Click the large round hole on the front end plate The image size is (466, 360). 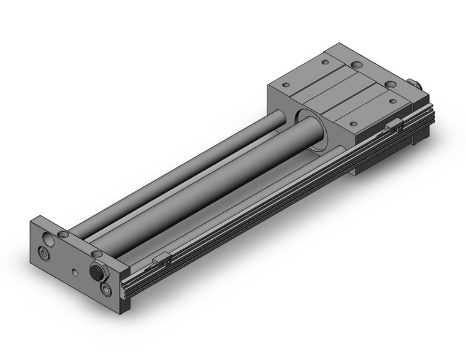[48, 238]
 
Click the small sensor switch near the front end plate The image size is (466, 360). [161, 261]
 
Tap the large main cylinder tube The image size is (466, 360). [202, 184]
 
